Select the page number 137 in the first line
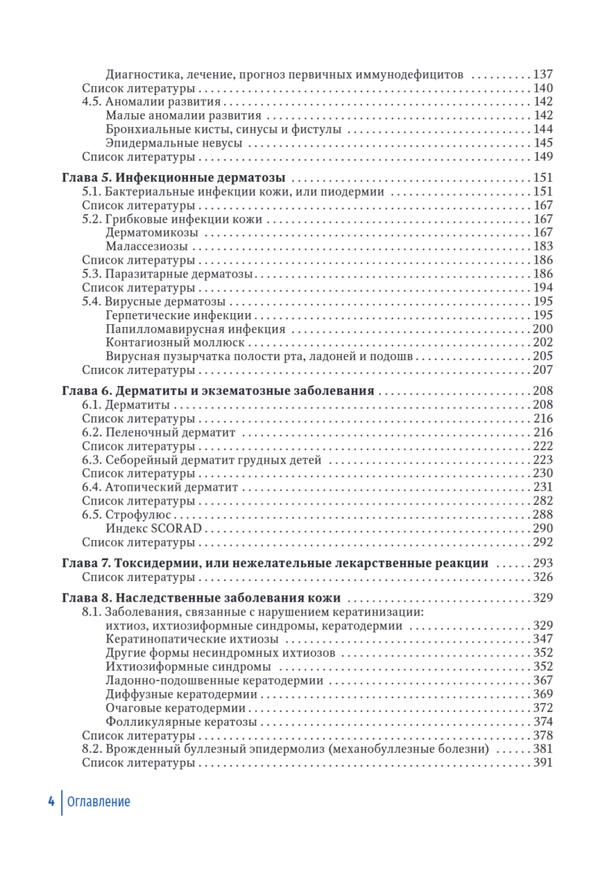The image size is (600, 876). [x=543, y=74]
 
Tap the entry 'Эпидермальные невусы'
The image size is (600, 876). [x=164, y=142]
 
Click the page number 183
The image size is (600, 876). [x=543, y=246]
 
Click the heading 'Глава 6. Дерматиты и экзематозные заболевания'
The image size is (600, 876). [x=216, y=391]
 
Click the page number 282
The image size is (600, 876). [x=543, y=501]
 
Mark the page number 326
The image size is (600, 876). [x=543, y=577]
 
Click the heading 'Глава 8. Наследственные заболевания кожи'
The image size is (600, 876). [x=199, y=599]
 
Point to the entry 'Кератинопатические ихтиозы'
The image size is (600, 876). [x=182, y=639]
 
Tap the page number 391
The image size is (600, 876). [x=543, y=763]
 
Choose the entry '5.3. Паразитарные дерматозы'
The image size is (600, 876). [x=167, y=274]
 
